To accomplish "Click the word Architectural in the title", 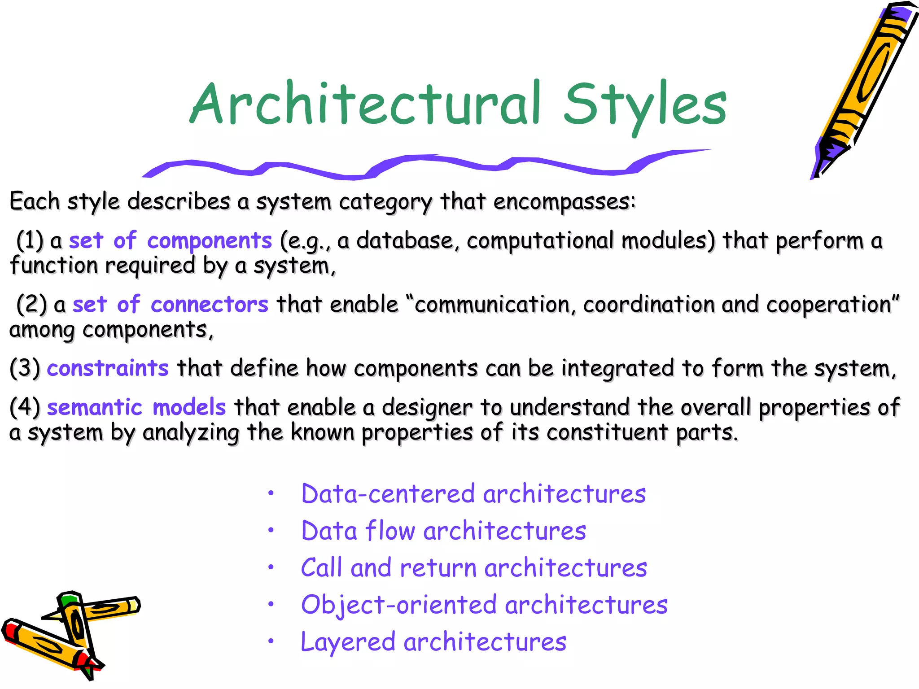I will (366, 104).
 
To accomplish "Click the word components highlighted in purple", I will (209, 241).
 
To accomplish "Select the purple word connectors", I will (209, 305).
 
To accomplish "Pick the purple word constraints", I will (108, 369).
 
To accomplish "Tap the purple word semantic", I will (94, 408).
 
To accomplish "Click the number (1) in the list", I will (30, 241).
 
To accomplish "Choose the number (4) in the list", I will (25, 408).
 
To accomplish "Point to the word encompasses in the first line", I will (564, 202).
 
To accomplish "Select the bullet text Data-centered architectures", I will (473, 494).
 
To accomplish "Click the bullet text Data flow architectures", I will (443, 531).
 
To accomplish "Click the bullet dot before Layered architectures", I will (271, 641).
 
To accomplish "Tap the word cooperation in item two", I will (832, 305).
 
